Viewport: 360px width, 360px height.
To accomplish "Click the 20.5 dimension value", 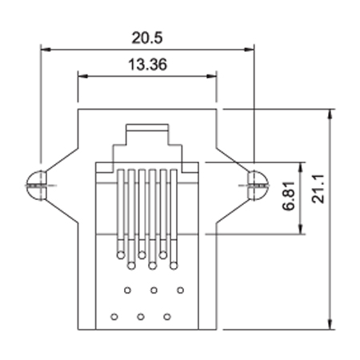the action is pos(147,38).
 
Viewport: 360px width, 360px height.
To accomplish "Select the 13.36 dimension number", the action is pos(148,65).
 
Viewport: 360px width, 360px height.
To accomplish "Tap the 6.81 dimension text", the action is pos(289,196).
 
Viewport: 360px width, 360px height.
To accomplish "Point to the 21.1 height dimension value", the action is pos(318,189).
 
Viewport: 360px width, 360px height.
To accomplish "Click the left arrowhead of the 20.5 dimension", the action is pos(46,50).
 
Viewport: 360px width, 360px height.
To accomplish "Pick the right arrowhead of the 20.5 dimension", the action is pos(250,50).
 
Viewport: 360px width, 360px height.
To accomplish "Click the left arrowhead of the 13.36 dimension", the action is pos(82,76).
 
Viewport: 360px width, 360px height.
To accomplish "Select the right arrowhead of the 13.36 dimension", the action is pos(211,76).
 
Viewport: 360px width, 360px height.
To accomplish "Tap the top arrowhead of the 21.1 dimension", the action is pos(330,114).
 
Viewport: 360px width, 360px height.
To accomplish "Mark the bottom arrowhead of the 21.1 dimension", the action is pos(330,325).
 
